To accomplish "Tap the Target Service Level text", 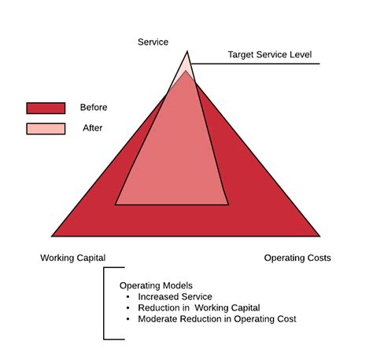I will click(270, 55).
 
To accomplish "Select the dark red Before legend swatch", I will click(46, 108).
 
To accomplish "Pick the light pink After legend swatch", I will click(46, 128).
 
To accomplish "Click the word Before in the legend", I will click(94, 108).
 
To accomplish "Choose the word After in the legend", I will click(92, 127).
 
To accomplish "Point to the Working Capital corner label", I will click(72, 258).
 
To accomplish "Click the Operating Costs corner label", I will click(297, 258).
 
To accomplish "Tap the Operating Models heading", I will click(156, 285).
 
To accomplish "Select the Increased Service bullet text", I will click(175, 297).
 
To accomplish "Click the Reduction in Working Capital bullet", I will click(198, 308).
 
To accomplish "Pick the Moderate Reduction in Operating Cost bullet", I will click(216, 319).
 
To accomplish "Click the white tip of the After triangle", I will click(187, 63).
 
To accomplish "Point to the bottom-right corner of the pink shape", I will click(228, 204).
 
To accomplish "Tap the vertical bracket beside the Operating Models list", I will click(105, 303).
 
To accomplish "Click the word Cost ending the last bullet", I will click(285, 319).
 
